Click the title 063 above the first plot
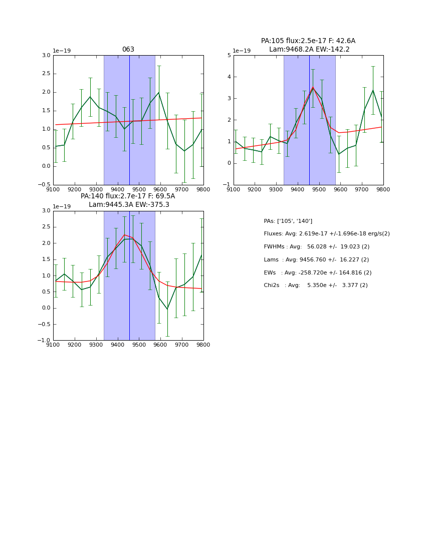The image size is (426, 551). tap(128, 50)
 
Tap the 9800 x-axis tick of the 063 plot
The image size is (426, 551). tap(203, 189)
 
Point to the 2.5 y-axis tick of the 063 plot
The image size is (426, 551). tap(46, 74)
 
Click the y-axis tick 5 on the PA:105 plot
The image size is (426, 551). tap(229, 55)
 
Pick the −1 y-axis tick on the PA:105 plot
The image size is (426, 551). tap(227, 185)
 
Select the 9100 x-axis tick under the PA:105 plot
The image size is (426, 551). tap(234, 189)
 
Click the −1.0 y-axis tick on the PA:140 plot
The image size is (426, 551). tap(44, 340)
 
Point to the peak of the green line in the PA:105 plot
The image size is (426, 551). tap(313, 88)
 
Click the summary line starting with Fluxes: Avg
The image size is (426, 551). tap(326, 234)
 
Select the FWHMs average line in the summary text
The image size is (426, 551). tap(316, 247)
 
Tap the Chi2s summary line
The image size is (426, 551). tap(315, 286)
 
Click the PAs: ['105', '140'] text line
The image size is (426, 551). tap(288, 221)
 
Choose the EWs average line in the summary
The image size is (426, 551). tap(317, 272)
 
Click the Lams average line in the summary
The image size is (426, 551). tap(316, 260)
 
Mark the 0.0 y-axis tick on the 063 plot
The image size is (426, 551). tap(46, 166)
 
